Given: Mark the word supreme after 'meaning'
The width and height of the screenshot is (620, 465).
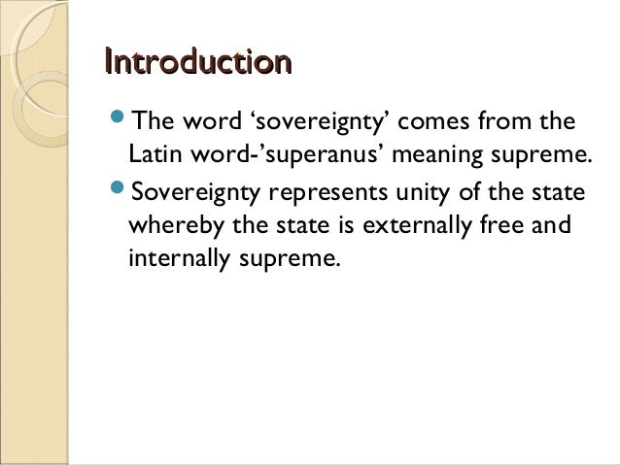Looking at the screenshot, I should click(540, 156).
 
